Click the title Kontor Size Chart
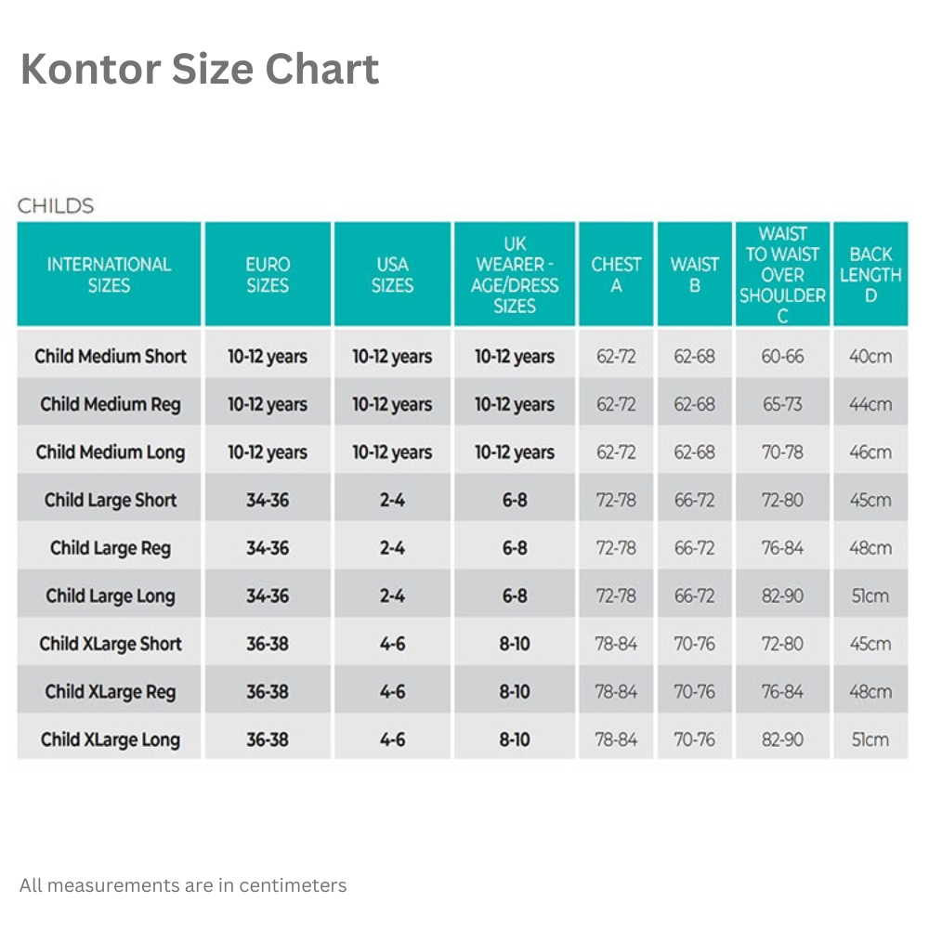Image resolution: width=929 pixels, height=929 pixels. (200, 70)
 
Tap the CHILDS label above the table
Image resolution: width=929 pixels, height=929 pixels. (56, 205)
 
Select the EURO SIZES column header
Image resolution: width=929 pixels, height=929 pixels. (268, 275)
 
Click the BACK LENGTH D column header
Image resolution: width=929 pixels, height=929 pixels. (870, 275)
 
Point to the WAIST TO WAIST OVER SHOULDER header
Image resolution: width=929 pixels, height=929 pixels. (782, 275)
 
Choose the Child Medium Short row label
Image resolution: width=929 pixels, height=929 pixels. (111, 357)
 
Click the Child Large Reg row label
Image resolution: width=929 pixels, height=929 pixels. (111, 548)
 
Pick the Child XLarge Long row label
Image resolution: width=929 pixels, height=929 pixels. (111, 740)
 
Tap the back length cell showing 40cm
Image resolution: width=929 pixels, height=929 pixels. (870, 357)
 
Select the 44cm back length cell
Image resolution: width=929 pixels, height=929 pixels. (870, 405)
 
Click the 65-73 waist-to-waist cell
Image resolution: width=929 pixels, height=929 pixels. (782, 405)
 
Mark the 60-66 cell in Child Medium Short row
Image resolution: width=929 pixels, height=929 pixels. (782, 357)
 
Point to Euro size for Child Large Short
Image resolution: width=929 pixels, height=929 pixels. (268, 501)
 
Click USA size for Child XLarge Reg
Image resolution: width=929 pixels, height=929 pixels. (392, 692)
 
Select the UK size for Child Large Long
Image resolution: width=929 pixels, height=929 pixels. (515, 596)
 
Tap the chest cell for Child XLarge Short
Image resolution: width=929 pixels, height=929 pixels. (616, 644)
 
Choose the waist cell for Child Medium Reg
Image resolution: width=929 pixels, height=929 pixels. (695, 405)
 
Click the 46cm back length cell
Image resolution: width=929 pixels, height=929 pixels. (870, 452)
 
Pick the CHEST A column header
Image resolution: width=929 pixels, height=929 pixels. (616, 275)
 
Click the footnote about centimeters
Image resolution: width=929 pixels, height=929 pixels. (183, 885)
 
